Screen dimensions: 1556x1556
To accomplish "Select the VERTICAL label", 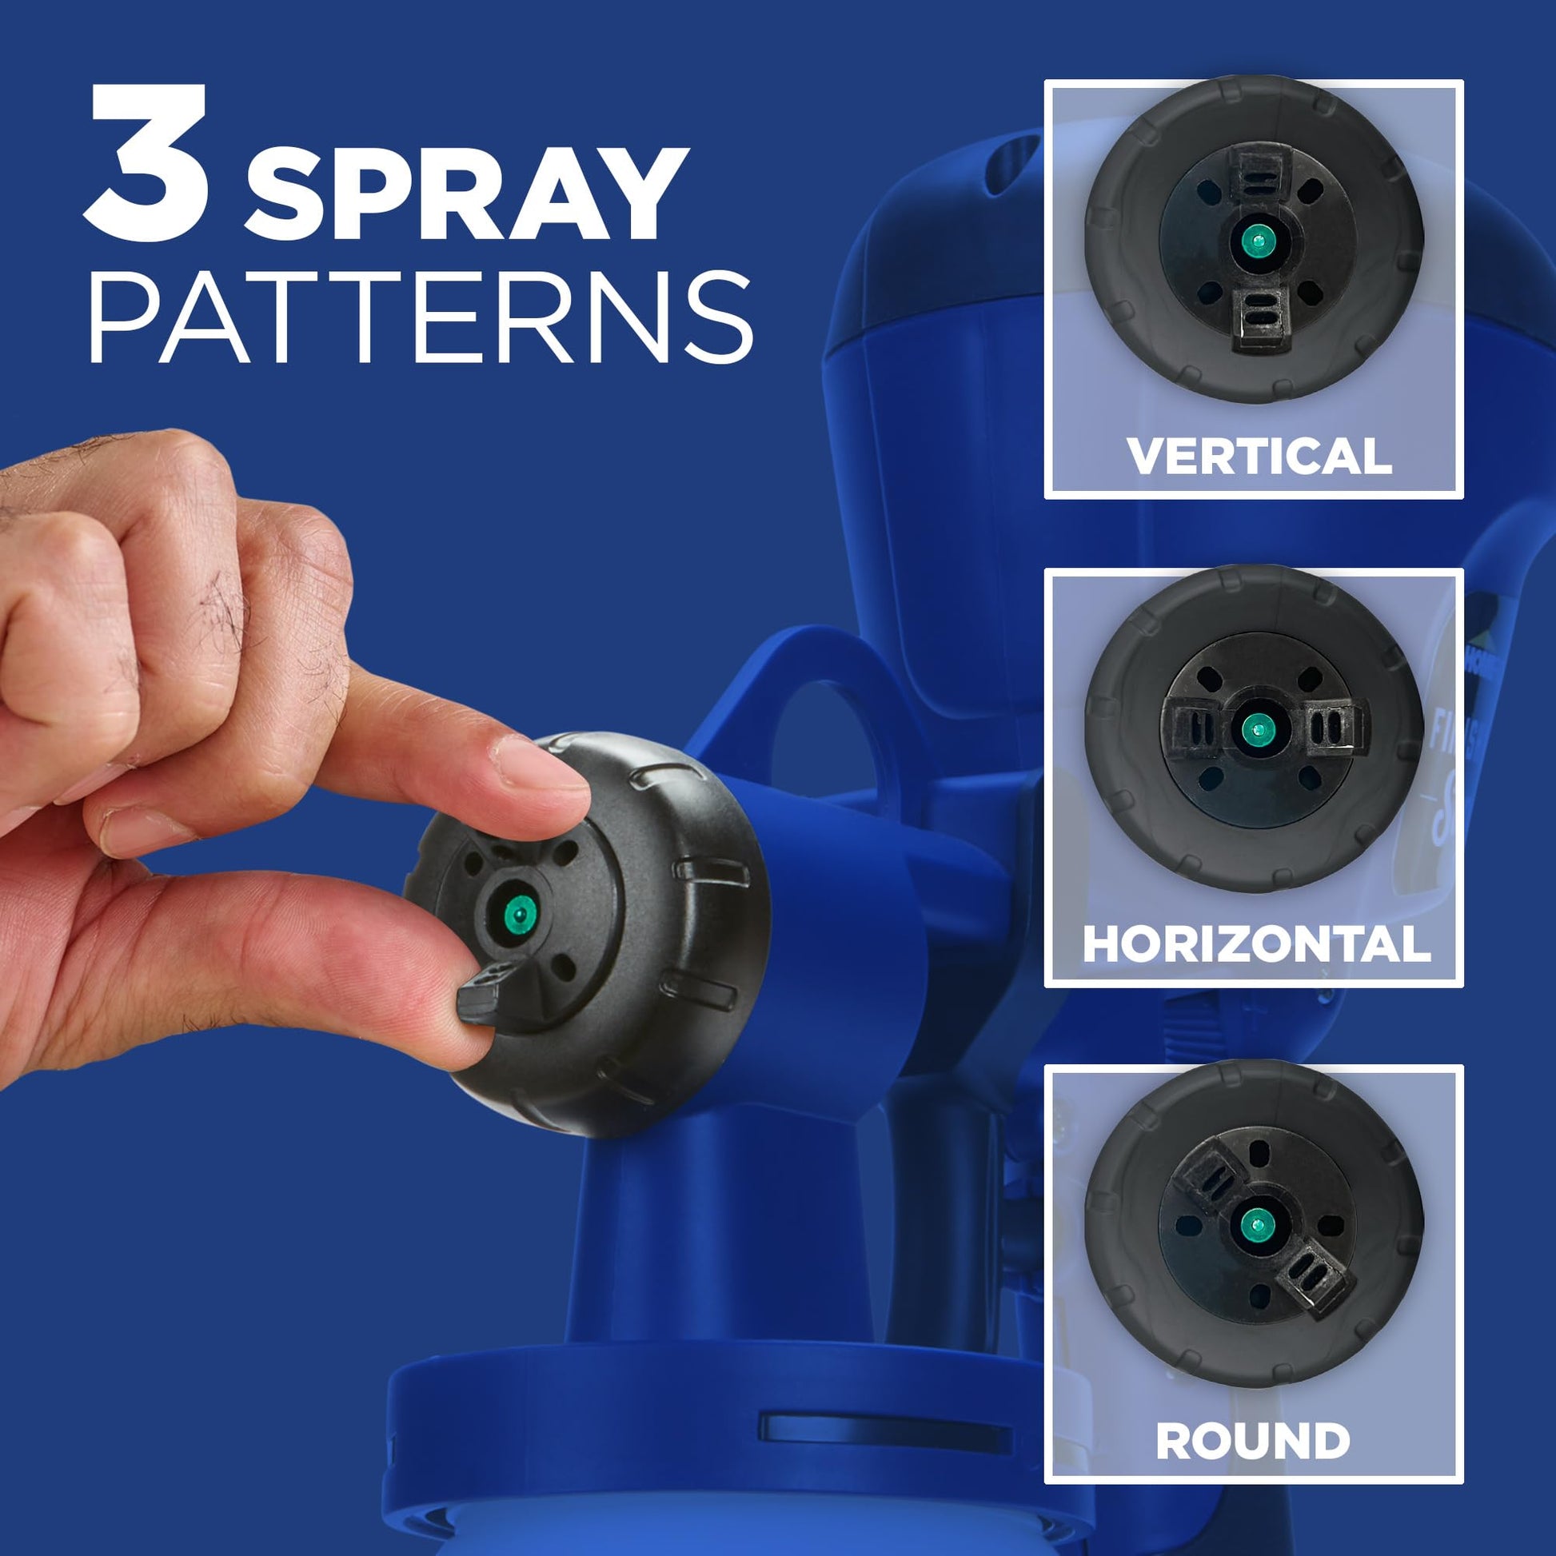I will click(x=1259, y=457).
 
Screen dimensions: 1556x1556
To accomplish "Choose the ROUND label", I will click(x=1253, y=1441).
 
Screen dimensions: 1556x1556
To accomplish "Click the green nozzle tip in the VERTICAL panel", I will click(x=1255, y=239).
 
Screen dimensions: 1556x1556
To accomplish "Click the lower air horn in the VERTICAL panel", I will click(x=1262, y=317).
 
